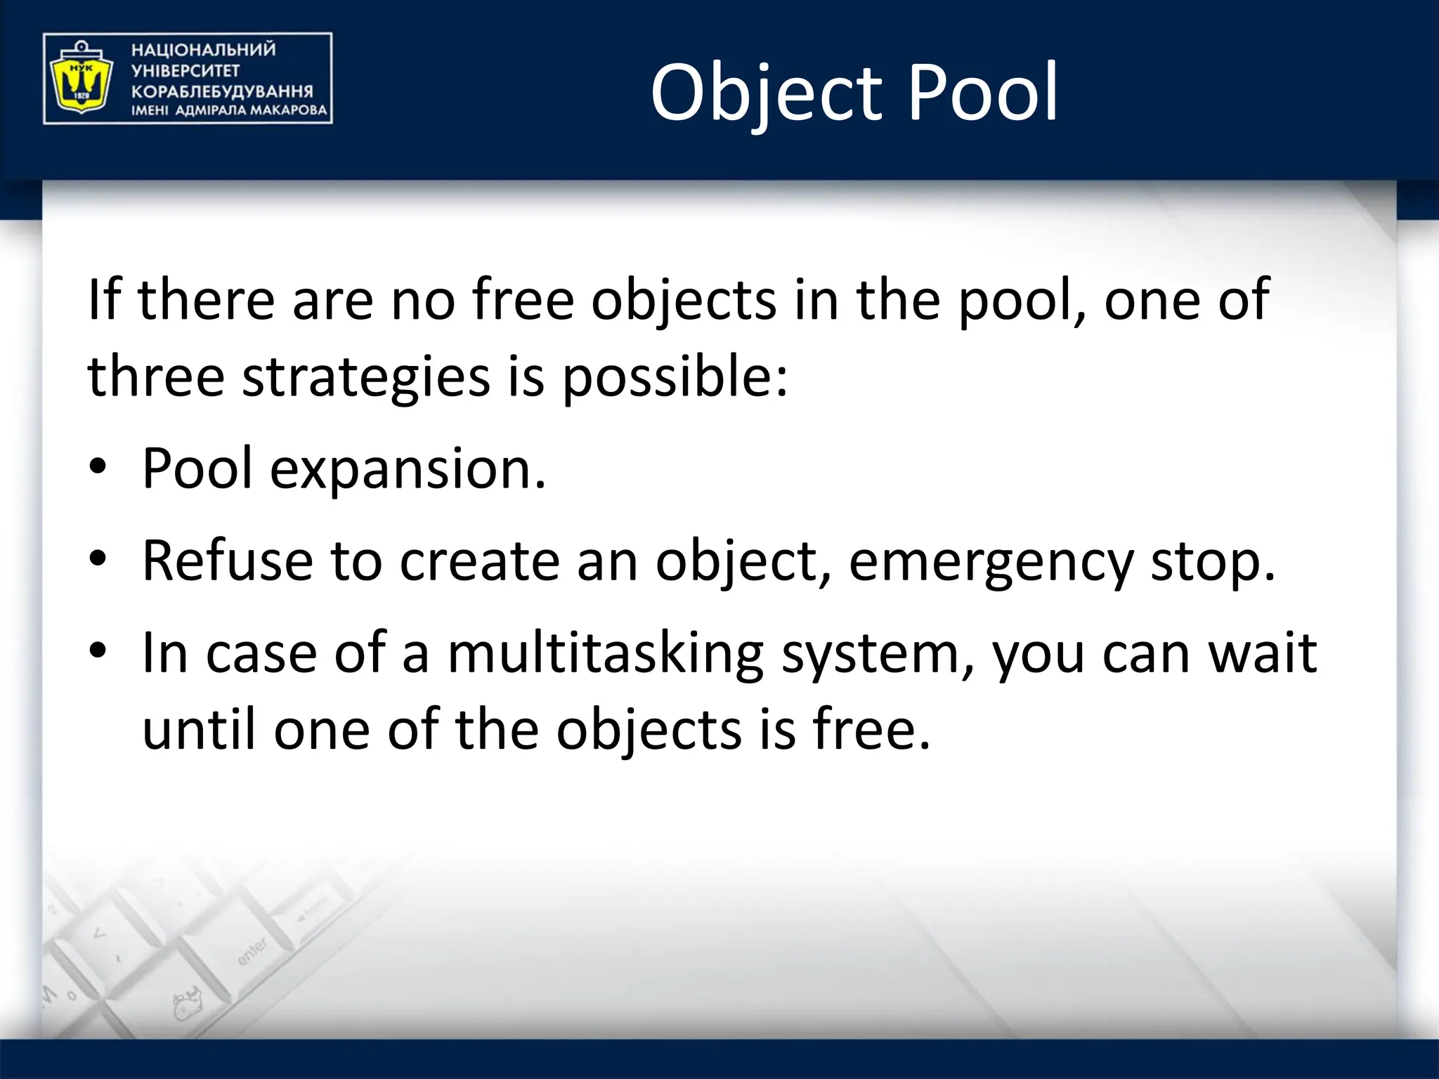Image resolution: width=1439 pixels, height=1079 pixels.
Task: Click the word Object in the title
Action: coord(767,93)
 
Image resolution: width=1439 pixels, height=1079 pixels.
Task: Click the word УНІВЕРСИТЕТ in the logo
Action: coord(185,71)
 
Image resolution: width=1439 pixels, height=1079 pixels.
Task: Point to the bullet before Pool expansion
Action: coord(98,467)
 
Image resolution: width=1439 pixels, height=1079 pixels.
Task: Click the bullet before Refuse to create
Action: coord(98,559)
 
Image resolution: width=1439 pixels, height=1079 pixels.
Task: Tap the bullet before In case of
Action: coord(98,652)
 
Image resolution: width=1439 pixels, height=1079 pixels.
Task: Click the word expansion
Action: coord(408,469)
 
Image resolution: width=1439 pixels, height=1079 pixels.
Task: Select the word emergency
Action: coord(991,562)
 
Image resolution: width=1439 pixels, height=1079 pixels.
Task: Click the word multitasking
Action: coord(605,653)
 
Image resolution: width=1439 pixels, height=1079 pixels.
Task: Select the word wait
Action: coord(1262,653)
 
